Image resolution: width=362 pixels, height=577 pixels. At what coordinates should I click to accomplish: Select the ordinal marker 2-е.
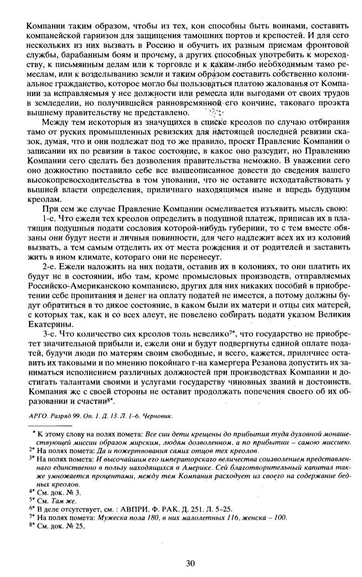pos(49,266)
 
